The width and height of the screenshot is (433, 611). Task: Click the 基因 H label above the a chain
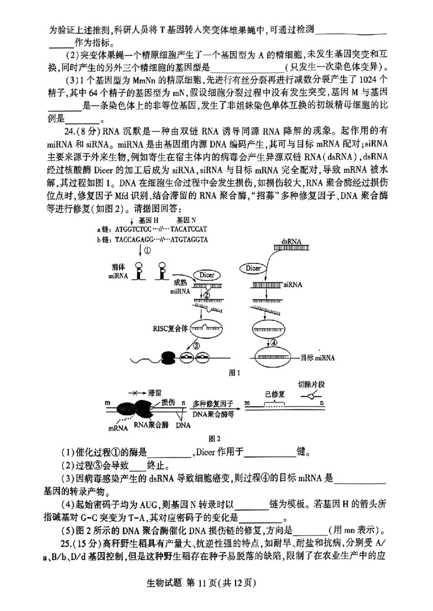(148, 221)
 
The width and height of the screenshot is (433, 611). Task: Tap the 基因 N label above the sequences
(186, 221)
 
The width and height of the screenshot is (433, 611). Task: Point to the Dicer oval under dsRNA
(254, 268)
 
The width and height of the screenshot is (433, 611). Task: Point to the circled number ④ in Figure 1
(274, 342)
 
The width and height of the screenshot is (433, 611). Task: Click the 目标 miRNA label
(318, 357)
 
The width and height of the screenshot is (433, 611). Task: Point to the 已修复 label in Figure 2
(274, 394)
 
